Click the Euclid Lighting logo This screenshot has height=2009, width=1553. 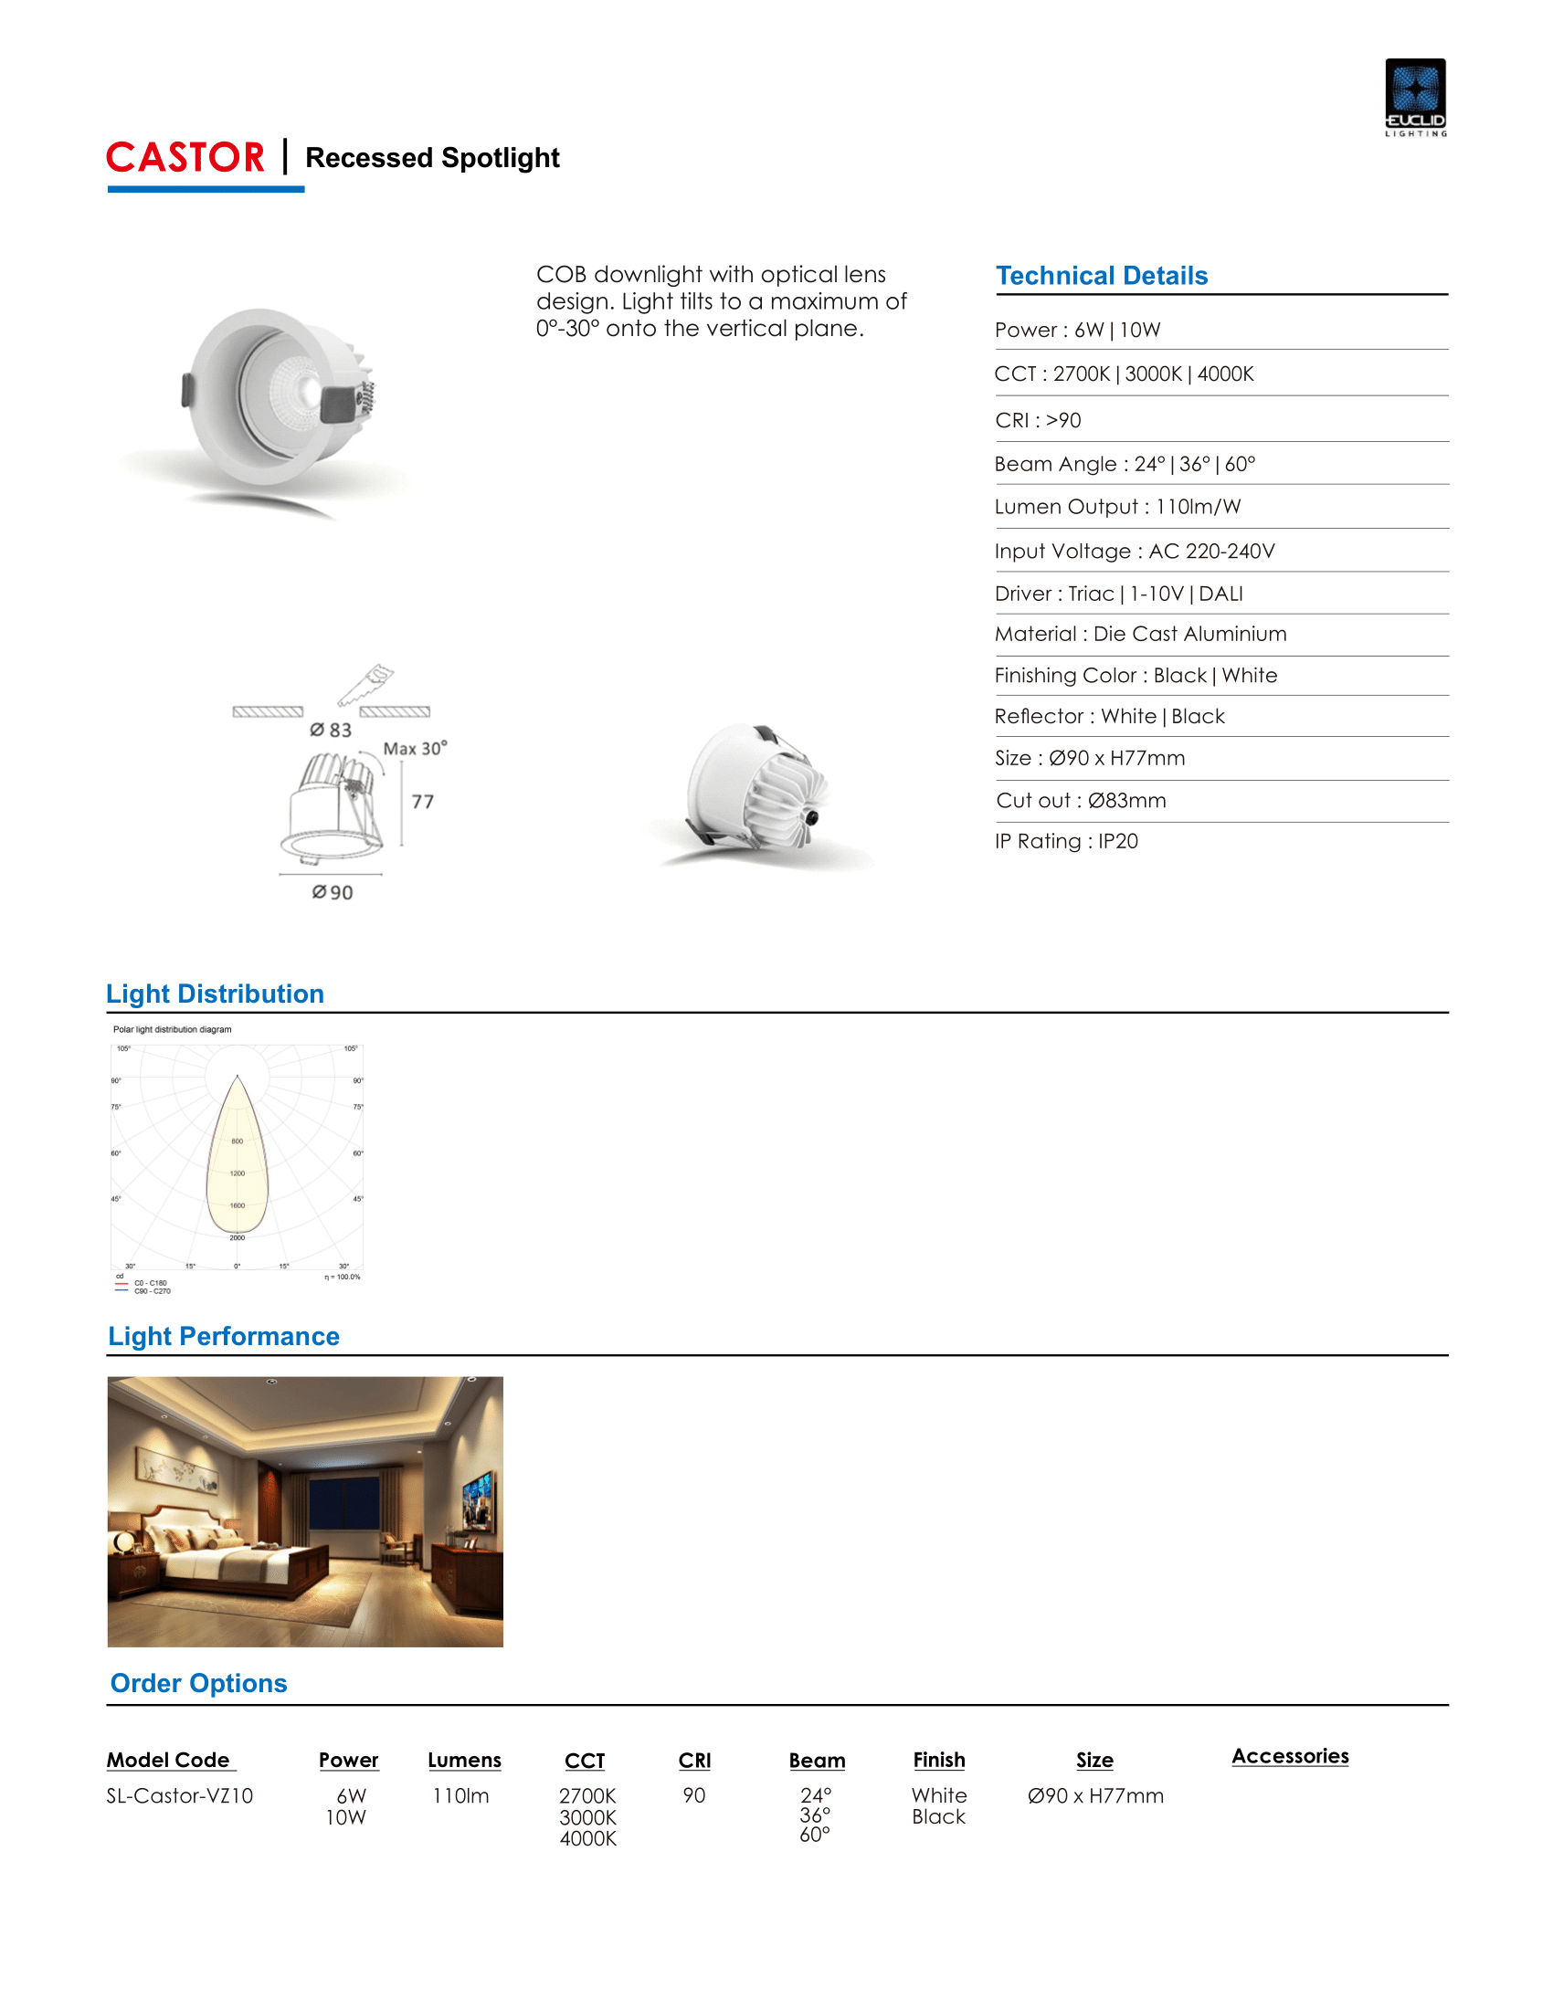[x=1415, y=97]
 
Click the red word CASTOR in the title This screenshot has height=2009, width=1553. [x=185, y=157]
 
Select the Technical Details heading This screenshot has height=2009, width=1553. [x=1102, y=276]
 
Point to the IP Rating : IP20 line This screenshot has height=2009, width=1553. [x=1066, y=841]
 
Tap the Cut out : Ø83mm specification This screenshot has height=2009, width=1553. [x=1081, y=800]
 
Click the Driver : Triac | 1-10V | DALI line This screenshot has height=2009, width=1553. [x=1119, y=594]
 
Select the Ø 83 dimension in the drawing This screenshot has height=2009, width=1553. [x=332, y=730]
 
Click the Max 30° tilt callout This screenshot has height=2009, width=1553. [x=415, y=748]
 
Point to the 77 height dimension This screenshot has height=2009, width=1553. [x=422, y=801]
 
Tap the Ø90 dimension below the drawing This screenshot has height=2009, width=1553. [x=333, y=892]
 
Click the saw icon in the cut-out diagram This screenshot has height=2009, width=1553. [x=365, y=684]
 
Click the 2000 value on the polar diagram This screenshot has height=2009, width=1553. [x=238, y=1237]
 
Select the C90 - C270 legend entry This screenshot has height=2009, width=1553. [x=152, y=1291]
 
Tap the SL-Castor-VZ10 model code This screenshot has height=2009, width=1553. [x=179, y=1795]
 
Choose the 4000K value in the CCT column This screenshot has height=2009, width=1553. [x=588, y=1838]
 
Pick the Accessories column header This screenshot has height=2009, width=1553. [x=1290, y=1756]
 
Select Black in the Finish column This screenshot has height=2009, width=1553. [x=938, y=1816]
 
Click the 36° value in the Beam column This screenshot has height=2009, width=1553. [x=815, y=1814]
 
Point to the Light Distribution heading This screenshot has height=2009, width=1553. [x=216, y=994]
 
